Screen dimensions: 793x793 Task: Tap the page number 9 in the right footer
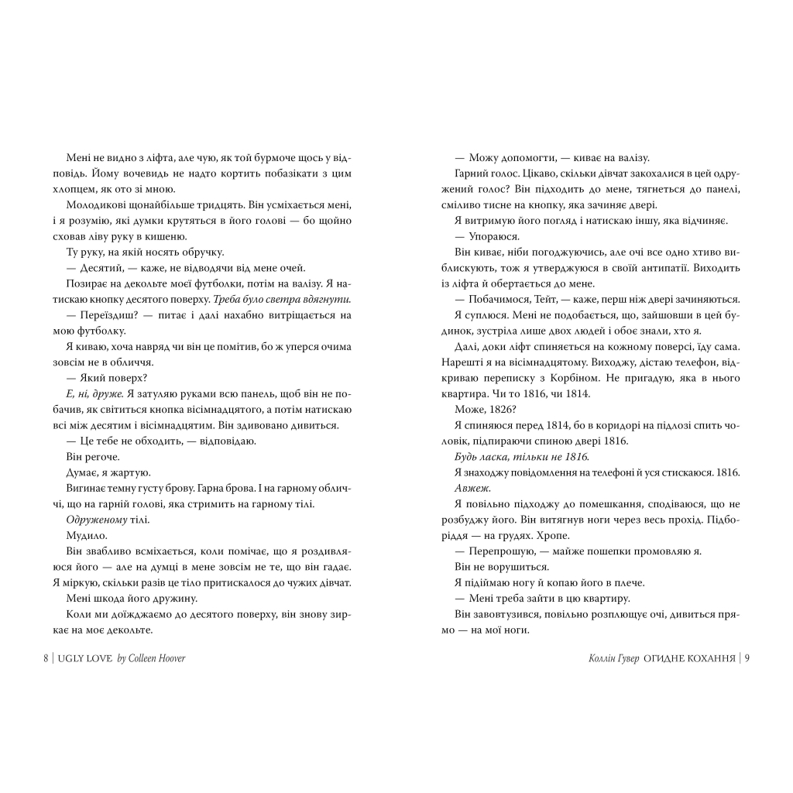click(x=747, y=658)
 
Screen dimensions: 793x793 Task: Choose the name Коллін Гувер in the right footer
click(x=616, y=658)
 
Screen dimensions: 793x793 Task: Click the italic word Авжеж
click(x=468, y=488)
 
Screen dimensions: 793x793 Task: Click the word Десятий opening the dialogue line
click(x=94, y=267)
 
